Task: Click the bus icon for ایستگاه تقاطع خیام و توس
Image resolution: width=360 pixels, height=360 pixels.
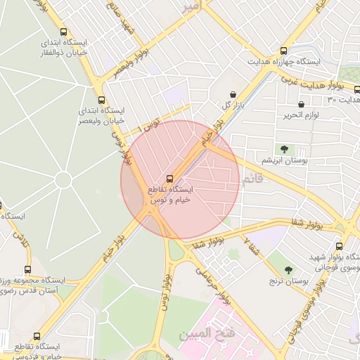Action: click(170, 178)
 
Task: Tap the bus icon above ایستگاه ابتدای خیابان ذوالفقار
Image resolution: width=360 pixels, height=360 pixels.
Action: click(64, 32)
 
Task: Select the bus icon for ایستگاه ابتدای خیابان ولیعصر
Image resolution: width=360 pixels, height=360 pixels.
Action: click(102, 99)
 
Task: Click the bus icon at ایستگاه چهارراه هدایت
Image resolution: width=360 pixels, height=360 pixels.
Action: click(284, 51)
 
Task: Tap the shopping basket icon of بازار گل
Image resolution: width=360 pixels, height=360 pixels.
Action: click(233, 94)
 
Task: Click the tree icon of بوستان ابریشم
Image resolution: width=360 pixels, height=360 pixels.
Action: click(284, 149)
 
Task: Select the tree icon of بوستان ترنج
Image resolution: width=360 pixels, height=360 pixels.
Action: click(288, 269)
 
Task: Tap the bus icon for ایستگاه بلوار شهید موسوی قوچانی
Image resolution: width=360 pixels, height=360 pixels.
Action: click(340, 246)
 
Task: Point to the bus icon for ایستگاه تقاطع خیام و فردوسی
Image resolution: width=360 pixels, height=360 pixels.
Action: click(37, 336)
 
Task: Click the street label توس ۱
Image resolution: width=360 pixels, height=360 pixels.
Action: click(148, 127)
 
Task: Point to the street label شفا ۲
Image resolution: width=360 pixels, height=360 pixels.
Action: click(250, 246)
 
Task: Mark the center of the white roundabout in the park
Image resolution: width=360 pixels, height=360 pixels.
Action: click(63, 180)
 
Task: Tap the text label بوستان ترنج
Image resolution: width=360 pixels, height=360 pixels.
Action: click(288, 281)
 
